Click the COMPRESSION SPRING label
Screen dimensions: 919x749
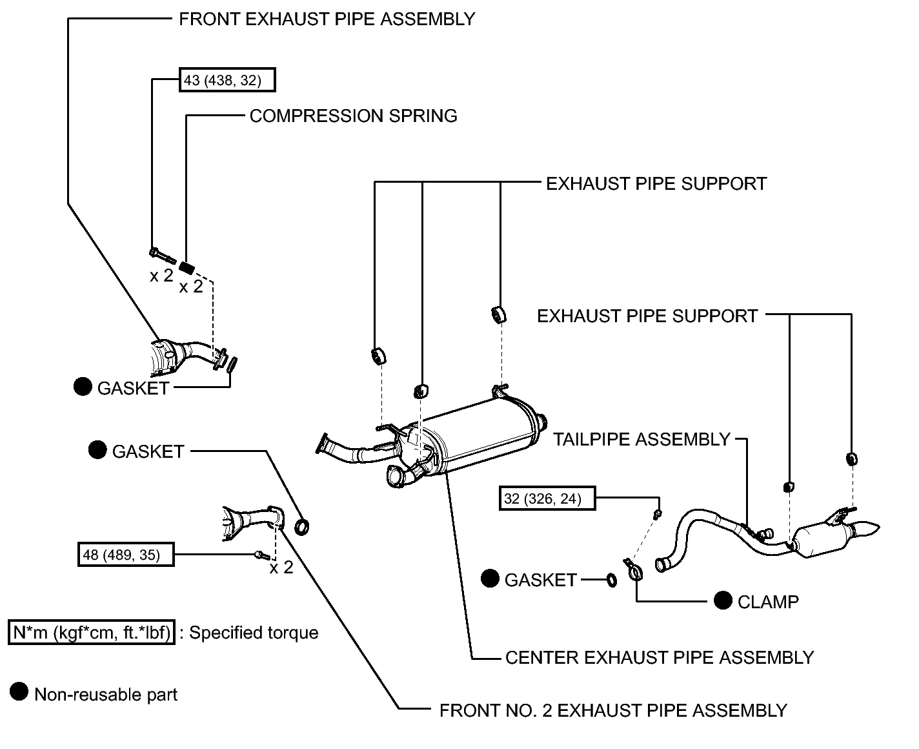coord(353,116)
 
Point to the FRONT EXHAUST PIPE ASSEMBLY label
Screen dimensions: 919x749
coord(327,19)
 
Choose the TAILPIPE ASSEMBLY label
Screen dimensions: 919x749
coord(641,440)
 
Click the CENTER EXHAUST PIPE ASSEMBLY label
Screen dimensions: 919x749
coord(660,658)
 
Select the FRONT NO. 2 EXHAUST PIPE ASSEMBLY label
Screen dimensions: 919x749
coord(613,710)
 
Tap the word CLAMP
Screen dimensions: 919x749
coord(768,602)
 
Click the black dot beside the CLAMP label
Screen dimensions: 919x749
coord(723,600)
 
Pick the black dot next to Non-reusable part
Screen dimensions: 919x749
coord(19,692)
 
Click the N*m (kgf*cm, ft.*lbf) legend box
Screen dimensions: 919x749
coord(92,632)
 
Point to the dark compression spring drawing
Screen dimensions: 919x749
coord(187,268)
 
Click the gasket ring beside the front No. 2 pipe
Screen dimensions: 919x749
coord(301,527)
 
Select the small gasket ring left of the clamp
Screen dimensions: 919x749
coord(612,580)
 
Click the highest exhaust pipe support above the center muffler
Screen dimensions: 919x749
coord(499,314)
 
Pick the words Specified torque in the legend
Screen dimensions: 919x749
coord(254,633)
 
